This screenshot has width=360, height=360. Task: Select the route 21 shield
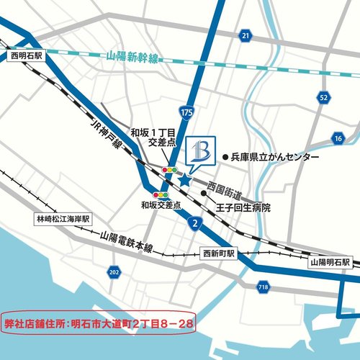[x=246, y=35]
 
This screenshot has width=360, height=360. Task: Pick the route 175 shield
[x=187, y=113]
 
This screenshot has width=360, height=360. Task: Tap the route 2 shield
[x=194, y=224]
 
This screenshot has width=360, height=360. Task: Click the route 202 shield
[x=114, y=271]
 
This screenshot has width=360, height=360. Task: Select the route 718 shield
[x=263, y=288]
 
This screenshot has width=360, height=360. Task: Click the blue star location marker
[x=184, y=180]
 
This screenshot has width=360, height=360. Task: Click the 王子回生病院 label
[x=247, y=207]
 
